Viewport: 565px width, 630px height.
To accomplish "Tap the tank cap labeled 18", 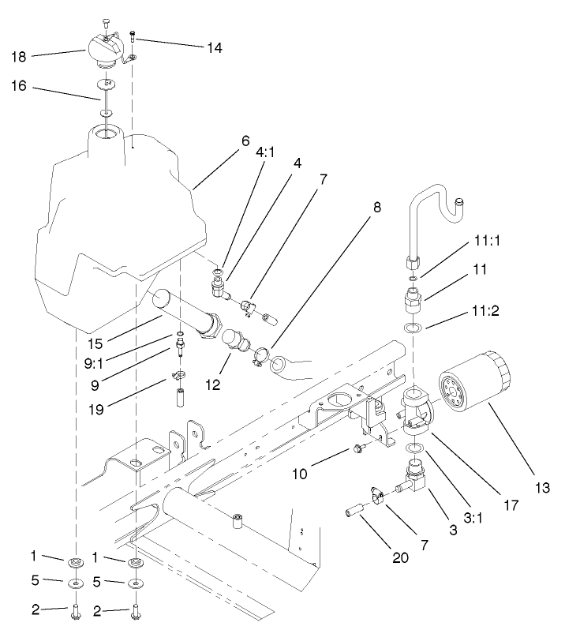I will click(x=107, y=53).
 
